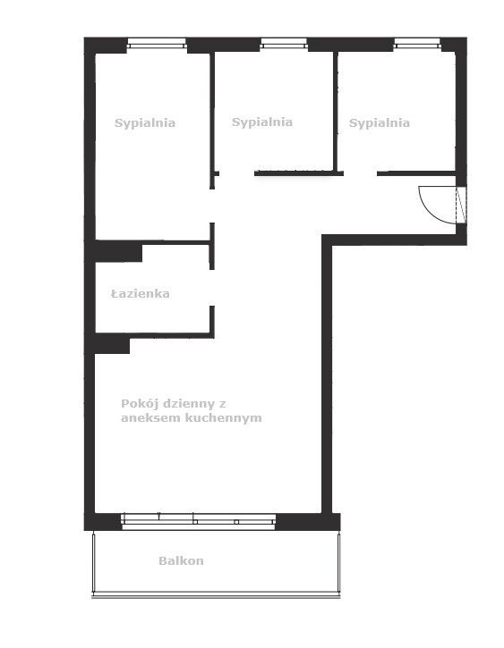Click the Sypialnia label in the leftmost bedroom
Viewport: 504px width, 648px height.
pyautogui.click(x=145, y=123)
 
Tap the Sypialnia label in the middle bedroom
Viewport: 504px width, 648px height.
pyautogui.click(x=262, y=122)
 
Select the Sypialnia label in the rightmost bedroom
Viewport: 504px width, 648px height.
pyautogui.click(x=380, y=123)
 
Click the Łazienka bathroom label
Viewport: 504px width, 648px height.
pyautogui.click(x=141, y=293)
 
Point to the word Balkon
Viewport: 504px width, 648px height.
pyautogui.click(x=181, y=560)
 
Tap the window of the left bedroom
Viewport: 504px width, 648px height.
pyautogui.click(x=157, y=43)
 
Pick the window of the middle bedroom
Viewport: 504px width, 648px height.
pyautogui.click(x=284, y=43)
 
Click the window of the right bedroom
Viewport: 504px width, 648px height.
pyautogui.click(x=417, y=43)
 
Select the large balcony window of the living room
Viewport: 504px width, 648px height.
pyautogui.click(x=198, y=522)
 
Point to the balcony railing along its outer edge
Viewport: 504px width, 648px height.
pyautogui.click(x=216, y=596)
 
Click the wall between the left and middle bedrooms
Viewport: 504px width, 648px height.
pyautogui.click(x=212, y=121)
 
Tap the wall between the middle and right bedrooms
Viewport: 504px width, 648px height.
pyautogui.click(x=336, y=112)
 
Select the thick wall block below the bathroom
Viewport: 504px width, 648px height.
pyautogui.click(x=112, y=343)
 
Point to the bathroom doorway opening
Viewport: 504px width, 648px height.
pyautogui.click(x=212, y=288)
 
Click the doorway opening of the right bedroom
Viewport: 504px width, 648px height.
pyautogui.click(x=360, y=173)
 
